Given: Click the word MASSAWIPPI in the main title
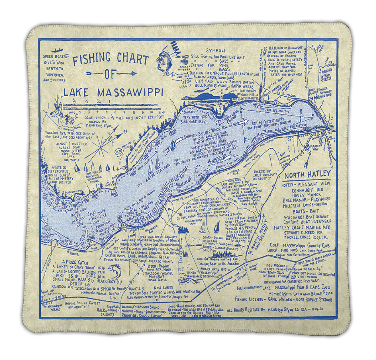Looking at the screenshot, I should pos(130,93).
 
